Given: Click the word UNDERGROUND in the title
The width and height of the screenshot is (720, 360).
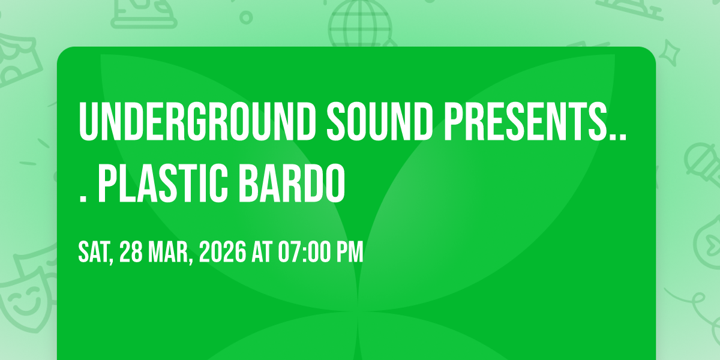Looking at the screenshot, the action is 197,121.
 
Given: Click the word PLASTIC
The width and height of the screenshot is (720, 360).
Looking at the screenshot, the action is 163,183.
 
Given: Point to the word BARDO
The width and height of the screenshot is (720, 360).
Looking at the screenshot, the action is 292,183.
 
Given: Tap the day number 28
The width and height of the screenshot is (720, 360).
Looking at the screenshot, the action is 131,252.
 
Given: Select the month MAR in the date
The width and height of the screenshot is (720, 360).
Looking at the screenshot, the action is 168,252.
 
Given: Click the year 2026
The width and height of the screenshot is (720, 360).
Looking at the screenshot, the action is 223,252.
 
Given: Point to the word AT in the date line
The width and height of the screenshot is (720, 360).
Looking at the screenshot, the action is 262,252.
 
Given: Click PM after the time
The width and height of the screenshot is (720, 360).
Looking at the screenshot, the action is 350,252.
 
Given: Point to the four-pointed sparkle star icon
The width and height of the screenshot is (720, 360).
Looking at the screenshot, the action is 670,52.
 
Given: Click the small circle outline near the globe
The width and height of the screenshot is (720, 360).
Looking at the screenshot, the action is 246,17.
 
